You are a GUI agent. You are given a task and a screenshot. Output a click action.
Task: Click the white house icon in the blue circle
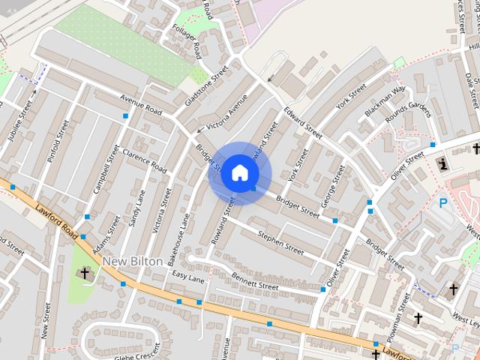coord(239,172)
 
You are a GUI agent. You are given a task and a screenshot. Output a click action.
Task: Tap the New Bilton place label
coord(132,261)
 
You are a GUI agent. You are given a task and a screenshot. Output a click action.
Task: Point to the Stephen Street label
coord(280,242)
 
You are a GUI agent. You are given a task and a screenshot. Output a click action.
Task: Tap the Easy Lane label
coord(188,277)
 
